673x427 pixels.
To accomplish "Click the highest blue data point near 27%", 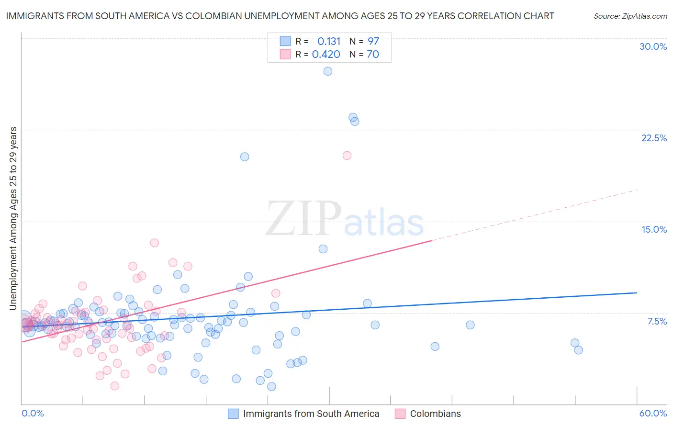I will coord(327,71).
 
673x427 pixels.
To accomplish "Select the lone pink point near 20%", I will coord(347,156).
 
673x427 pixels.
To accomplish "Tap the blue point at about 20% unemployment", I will coord(245,157).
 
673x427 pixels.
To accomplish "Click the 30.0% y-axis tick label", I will coord(653,46).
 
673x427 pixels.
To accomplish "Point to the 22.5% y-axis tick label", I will coord(654,138).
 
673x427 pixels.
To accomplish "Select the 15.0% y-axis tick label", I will coord(654,229).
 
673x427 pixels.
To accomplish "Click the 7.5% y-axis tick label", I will coord(657,321).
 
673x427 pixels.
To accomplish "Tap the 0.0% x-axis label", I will coord(33,413).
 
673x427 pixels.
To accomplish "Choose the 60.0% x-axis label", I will coord(653,413).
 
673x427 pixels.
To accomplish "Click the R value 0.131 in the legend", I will coord(329,41).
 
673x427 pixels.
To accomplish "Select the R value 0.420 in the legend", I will coord(326,54).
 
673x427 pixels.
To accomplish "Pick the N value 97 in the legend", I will coord(373,41).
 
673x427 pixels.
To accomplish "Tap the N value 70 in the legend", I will coord(373,54).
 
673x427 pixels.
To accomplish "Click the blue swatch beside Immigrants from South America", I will coord(233,414).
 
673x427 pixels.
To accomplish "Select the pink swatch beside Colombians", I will coord(400,414).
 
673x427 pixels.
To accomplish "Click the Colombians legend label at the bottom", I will coord(435,414).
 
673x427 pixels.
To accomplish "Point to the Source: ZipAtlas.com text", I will coord(630,16).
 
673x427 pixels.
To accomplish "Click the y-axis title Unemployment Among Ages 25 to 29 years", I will coord(13,218).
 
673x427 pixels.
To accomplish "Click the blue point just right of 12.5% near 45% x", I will coord(323,249).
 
